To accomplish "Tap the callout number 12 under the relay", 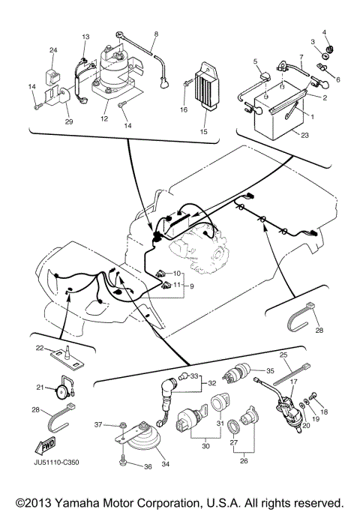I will click(x=104, y=118).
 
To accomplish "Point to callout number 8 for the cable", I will click(x=156, y=34).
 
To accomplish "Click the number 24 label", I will click(x=53, y=49).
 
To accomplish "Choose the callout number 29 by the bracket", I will click(x=70, y=121).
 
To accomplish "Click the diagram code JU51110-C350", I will click(x=60, y=462).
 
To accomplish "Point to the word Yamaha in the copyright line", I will click(x=88, y=501).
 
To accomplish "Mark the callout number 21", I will click(x=41, y=387).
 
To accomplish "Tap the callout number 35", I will click(x=270, y=370).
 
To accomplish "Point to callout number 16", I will click(x=183, y=109).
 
